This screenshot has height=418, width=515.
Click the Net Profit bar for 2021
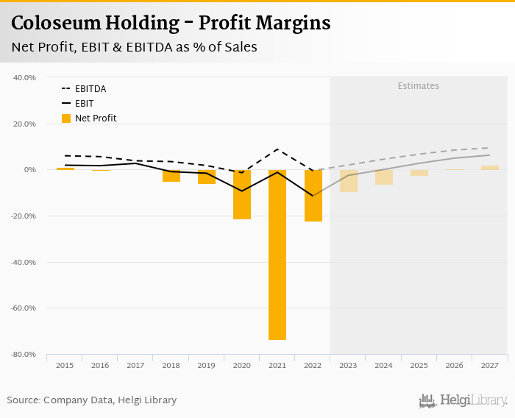(277, 255)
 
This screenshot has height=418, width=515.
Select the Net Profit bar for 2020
(242, 194)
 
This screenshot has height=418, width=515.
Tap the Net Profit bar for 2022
(313, 196)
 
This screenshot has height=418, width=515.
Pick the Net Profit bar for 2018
(171, 176)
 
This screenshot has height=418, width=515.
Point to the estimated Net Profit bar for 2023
(349, 181)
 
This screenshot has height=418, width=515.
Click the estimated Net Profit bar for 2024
(384, 177)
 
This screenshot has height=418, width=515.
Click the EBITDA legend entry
(90, 89)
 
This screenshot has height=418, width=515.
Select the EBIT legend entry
(84, 104)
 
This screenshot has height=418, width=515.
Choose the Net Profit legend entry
(95, 118)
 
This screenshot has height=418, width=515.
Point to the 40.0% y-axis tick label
(25, 77)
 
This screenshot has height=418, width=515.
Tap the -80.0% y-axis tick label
(24, 355)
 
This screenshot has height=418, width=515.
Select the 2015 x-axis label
(65, 365)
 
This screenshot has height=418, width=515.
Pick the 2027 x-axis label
(490, 365)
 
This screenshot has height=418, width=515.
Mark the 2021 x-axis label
(277, 365)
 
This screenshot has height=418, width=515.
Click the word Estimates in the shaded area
(419, 86)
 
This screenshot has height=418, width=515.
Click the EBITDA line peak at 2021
(277, 149)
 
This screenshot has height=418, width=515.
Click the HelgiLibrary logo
(464, 401)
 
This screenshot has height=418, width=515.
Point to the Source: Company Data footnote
(92, 400)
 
